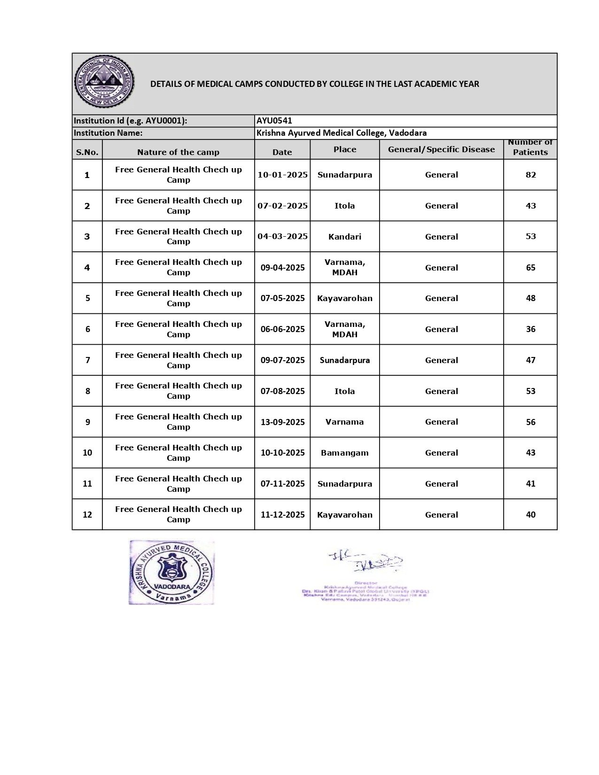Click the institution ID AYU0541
[x=274, y=121]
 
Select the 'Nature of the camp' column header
[x=178, y=152]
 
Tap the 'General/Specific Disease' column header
[x=441, y=149]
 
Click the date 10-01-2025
[x=282, y=175]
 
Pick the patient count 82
[x=530, y=175]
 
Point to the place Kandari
[x=344, y=237]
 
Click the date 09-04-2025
[x=282, y=268]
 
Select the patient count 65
[x=530, y=268]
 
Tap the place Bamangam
[x=344, y=453]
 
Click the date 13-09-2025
[x=282, y=422]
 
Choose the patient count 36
[x=530, y=329]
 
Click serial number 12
[x=87, y=515]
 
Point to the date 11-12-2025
[x=282, y=515]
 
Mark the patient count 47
[x=530, y=360]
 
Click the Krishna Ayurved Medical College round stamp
[x=171, y=572]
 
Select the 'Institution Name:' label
[x=108, y=133]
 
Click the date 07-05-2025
[x=282, y=298]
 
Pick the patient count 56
[x=530, y=422]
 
